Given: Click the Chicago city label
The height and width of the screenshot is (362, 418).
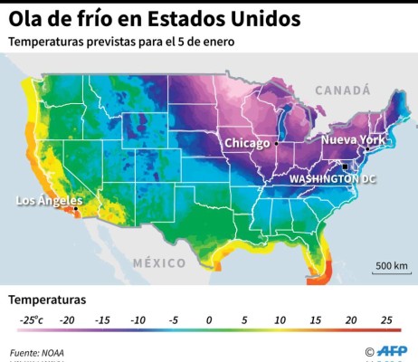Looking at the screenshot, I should click(x=247, y=143).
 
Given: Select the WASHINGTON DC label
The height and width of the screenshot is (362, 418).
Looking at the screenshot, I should click(x=332, y=178).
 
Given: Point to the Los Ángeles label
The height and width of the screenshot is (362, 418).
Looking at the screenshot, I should click(x=50, y=200).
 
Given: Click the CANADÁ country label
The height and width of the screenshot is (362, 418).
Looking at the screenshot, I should click(x=343, y=90).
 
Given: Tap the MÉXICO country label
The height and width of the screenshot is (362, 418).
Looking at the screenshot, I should click(x=159, y=262).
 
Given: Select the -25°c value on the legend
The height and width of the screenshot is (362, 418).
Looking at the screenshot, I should click(x=31, y=319).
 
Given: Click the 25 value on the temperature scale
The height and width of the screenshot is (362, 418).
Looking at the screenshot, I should click(x=385, y=319).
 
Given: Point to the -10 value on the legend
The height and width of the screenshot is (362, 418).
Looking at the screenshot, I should click(x=138, y=319).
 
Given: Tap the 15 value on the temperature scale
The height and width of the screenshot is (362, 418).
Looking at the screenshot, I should click(x=314, y=319).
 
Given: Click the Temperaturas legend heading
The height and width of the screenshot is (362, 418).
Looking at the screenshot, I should click(x=47, y=298).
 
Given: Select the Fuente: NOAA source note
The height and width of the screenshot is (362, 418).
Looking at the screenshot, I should click(x=37, y=352).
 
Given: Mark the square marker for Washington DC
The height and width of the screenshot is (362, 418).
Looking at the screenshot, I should click(x=344, y=166).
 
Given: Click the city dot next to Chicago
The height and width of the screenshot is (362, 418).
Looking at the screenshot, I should click(x=276, y=143).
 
